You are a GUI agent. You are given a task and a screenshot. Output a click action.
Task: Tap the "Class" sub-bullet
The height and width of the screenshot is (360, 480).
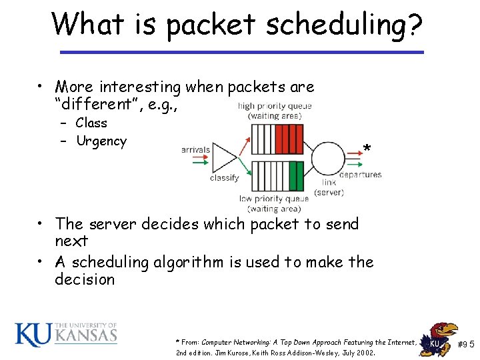[x=91, y=123]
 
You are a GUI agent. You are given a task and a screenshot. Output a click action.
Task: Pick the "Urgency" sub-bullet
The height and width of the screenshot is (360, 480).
[x=101, y=141]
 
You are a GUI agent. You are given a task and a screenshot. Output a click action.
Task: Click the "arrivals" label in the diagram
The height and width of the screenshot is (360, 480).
[x=195, y=150]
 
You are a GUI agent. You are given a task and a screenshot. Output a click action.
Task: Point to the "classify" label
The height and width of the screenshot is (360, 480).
[x=224, y=178]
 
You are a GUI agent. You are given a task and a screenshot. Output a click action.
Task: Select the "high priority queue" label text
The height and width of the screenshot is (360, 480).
[x=274, y=106]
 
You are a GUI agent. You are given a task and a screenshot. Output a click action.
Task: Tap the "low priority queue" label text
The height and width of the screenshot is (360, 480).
[x=273, y=198]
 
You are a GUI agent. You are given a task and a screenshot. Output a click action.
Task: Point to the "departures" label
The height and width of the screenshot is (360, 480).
[x=360, y=175]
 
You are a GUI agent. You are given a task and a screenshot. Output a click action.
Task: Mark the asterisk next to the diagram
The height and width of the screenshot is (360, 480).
[x=367, y=149]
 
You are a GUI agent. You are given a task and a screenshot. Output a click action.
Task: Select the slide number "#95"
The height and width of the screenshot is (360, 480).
[x=465, y=345]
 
